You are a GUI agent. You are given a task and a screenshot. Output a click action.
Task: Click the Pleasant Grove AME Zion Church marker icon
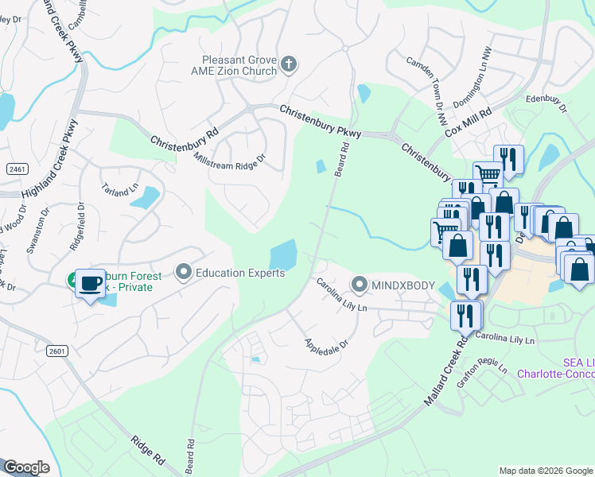point(289,64)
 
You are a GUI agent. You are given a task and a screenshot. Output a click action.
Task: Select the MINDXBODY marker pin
point(360,284)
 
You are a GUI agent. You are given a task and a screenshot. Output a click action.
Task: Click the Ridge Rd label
point(148,450)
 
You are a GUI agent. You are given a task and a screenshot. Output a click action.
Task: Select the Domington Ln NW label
point(472,86)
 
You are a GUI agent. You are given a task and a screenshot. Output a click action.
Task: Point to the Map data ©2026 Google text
point(545,471)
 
